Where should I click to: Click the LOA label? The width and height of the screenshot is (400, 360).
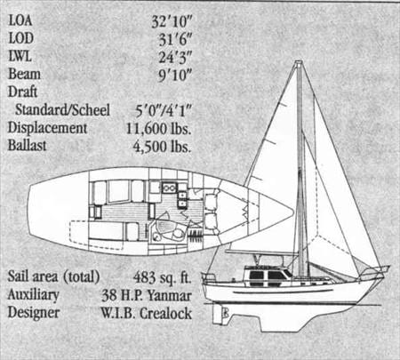pyautogui.click(x=20, y=20)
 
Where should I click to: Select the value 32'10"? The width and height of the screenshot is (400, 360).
pyautogui.click(x=172, y=21)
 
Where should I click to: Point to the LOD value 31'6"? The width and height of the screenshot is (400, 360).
pyautogui.click(x=175, y=39)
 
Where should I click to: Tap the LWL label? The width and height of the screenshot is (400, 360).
pyautogui.click(x=20, y=56)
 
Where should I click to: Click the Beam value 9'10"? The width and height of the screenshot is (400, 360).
pyautogui.click(x=175, y=76)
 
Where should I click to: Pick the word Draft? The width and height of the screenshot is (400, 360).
pyautogui.click(x=22, y=92)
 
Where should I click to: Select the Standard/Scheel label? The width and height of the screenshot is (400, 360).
pyautogui.click(x=62, y=109)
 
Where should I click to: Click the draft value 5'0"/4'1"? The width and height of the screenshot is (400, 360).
pyautogui.click(x=164, y=111)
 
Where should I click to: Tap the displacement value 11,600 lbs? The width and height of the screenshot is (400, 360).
pyautogui.click(x=158, y=129)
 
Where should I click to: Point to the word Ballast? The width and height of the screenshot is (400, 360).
pyautogui.click(x=27, y=145)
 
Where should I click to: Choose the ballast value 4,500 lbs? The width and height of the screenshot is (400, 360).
pyautogui.click(x=162, y=147)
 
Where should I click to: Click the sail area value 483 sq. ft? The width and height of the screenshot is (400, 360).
pyautogui.click(x=163, y=277)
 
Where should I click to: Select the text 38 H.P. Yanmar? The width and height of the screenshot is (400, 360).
pyautogui.click(x=147, y=295)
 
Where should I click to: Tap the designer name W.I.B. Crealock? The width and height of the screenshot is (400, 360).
pyautogui.click(x=147, y=313)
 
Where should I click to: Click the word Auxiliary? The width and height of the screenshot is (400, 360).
pyautogui.click(x=33, y=294)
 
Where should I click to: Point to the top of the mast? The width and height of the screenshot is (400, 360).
pyautogui.click(x=299, y=62)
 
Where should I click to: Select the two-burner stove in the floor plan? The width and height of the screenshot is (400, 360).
pyautogui.click(x=170, y=188)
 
